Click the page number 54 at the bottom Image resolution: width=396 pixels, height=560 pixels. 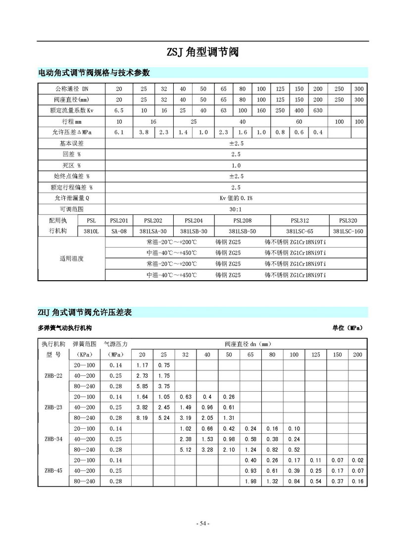(x=202, y=523)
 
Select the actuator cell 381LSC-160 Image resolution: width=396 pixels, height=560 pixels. (x=348, y=231)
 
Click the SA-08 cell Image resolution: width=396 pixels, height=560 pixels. (x=119, y=231)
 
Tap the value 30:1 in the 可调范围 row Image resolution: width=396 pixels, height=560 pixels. (x=236, y=209)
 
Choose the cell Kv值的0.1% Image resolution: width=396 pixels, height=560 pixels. (x=236, y=198)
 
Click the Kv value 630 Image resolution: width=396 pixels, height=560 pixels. (x=318, y=110)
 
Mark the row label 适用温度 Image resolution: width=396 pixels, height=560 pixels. (x=71, y=258)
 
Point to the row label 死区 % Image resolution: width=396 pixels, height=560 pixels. (x=71, y=165)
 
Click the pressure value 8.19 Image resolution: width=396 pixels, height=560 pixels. (x=142, y=417)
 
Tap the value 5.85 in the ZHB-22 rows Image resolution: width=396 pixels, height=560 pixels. (x=142, y=386)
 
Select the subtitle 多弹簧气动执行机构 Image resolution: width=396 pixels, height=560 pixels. (x=65, y=328)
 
